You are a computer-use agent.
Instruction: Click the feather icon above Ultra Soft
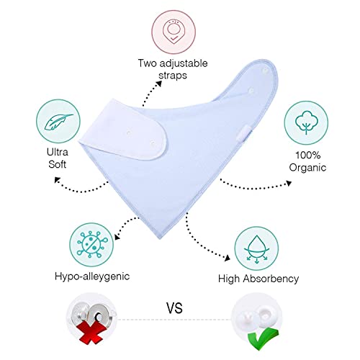pyautogui.click(x=58, y=122)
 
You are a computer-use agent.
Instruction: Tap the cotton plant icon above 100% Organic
pyautogui.click(x=306, y=122)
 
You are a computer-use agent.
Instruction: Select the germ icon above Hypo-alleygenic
pyautogui.click(x=91, y=245)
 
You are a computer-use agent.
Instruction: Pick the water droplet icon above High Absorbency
pyautogui.click(x=256, y=248)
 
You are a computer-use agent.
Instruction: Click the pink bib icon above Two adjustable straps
pyautogui.click(x=174, y=32)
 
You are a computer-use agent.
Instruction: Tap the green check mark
pyautogui.click(x=263, y=338)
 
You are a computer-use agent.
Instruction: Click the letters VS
pyautogui.click(x=174, y=308)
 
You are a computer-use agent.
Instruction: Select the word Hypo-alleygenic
pyautogui.click(x=92, y=276)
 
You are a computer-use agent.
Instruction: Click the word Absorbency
pyautogui.click(x=271, y=279)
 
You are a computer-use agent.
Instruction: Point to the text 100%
pyautogui.click(x=307, y=155)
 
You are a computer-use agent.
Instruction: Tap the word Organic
pyautogui.click(x=307, y=168)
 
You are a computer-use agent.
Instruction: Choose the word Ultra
pyautogui.click(x=58, y=152)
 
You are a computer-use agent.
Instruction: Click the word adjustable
pyautogui.click(x=184, y=64)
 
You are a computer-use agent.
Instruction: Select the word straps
pyautogui.click(x=173, y=76)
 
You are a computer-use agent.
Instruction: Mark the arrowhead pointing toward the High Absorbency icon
pyautogui.click(x=227, y=258)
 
